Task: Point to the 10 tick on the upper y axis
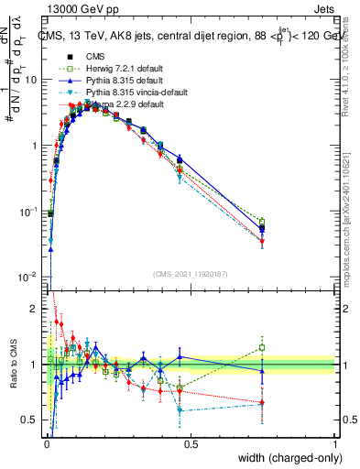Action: pyautogui.click(x=31, y=80)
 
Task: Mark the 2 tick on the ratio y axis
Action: pyautogui.click(x=35, y=309)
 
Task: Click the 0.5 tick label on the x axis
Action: pyautogui.click(x=191, y=442)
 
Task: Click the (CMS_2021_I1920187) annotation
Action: pyautogui.click(x=190, y=273)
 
